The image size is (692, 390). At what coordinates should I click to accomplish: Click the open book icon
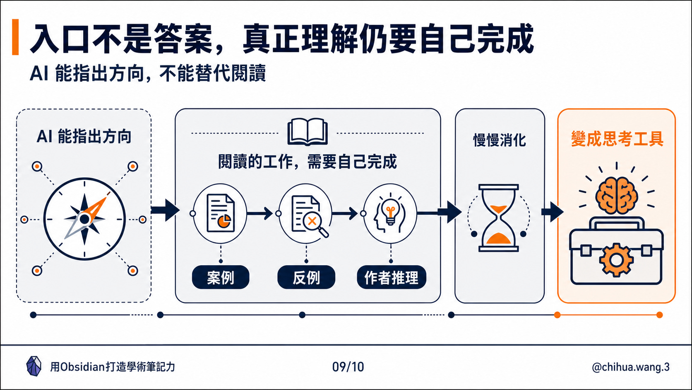pos(308,131)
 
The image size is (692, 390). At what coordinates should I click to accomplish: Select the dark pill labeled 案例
pos(221,277)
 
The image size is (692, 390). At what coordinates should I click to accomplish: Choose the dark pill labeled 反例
pos(306,277)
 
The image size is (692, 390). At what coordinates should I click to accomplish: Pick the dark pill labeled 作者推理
pos(392,277)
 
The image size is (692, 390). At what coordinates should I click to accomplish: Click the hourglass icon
pos(498,218)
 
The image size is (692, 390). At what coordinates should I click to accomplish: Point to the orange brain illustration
pos(616,196)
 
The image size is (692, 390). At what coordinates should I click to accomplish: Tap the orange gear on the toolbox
pos(616,260)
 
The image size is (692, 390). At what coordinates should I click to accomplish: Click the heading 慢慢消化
pos(500,140)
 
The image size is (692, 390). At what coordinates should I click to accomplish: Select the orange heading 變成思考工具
pos(617,138)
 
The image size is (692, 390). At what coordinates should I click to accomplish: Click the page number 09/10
pos(348,367)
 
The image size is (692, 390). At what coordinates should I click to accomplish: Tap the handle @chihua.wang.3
pos(630,367)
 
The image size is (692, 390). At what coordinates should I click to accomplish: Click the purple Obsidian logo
pos(34,366)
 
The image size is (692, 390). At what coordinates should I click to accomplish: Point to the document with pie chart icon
pos(221,213)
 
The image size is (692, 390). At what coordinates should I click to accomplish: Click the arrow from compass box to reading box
pos(165,210)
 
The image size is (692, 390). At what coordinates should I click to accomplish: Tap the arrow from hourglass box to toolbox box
pos(553,212)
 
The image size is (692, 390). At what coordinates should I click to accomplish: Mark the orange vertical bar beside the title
pos(15,37)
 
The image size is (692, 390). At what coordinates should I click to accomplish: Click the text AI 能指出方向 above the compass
pos(84,137)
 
